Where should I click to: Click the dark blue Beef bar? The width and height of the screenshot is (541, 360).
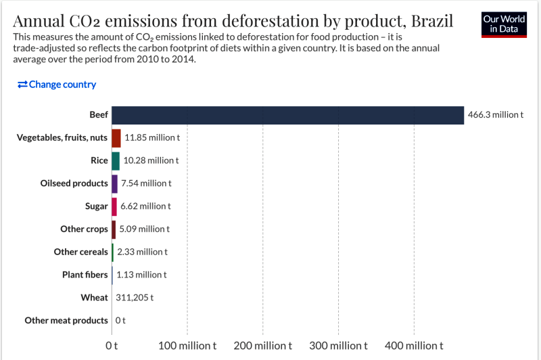click(x=287, y=115)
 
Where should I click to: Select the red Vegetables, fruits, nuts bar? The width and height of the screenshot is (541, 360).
click(x=116, y=138)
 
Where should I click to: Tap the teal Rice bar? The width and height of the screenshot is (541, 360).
click(x=116, y=161)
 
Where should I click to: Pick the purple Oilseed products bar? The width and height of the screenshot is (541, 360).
click(x=114, y=183)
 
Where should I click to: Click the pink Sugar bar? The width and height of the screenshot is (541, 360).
click(x=114, y=206)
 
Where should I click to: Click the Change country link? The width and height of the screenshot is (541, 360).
click(x=57, y=85)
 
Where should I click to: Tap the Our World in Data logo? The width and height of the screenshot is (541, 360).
click(x=504, y=24)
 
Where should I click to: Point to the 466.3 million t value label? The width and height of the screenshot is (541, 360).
click(x=495, y=115)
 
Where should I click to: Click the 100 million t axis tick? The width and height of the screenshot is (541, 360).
click(x=187, y=346)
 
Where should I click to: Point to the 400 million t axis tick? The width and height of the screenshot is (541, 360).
click(x=415, y=346)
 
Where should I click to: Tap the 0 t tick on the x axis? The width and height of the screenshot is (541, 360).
click(x=112, y=346)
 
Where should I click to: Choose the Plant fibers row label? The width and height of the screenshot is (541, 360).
click(x=85, y=275)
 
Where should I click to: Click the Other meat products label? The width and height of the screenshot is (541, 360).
click(x=66, y=321)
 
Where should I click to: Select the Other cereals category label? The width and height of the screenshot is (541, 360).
click(x=80, y=252)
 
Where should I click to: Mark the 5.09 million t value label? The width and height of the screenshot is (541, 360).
click(x=144, y=229)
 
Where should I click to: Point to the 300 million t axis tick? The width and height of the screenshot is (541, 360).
click(x=339, y=346)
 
